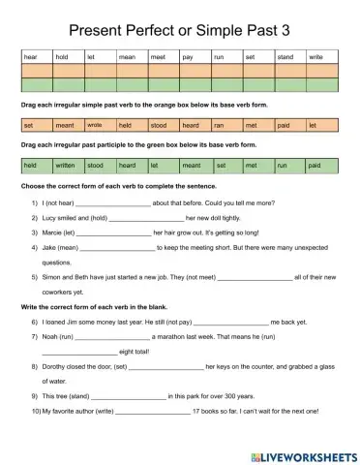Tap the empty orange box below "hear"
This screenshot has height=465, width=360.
37,71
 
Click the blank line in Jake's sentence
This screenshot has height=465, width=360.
120,248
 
